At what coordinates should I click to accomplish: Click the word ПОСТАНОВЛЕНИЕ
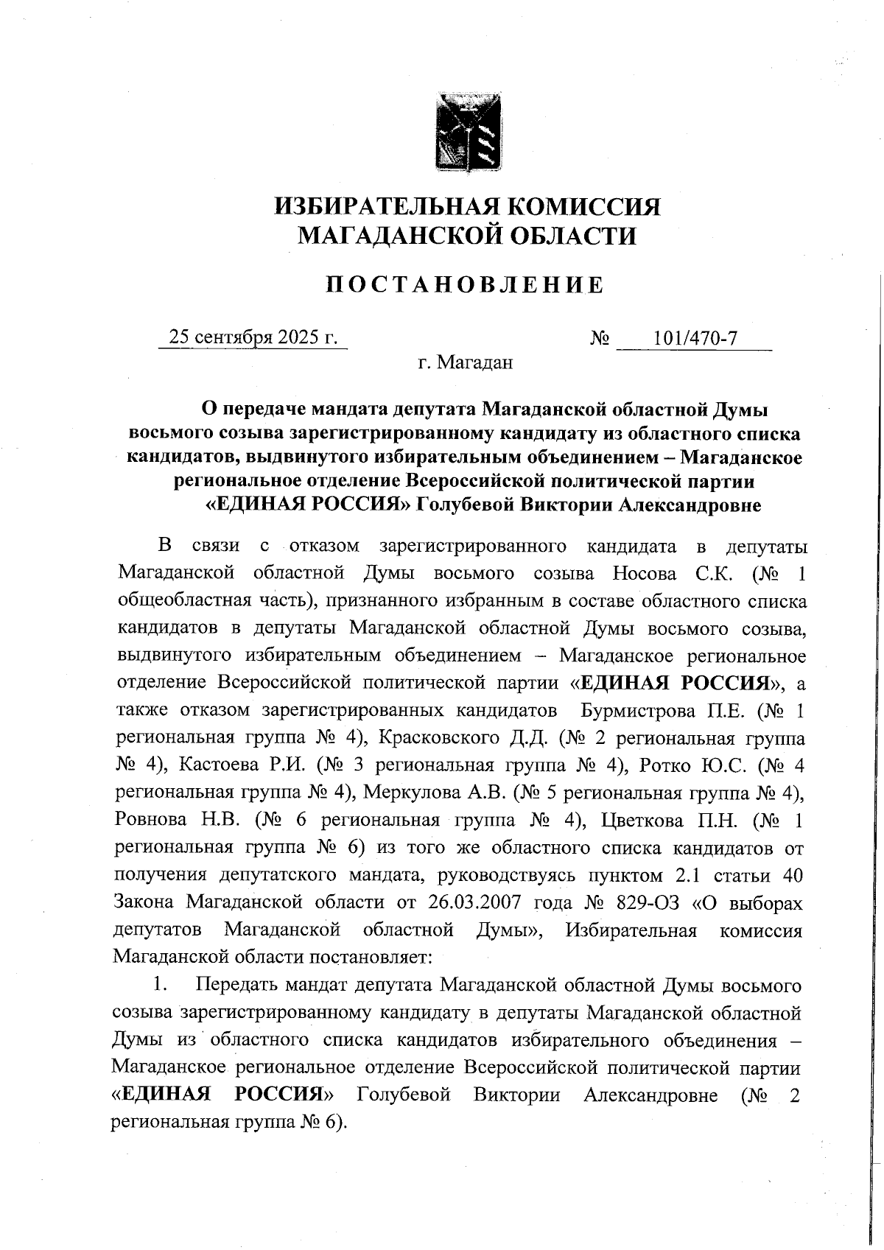tap(466, 285)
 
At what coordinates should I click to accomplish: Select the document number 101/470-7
tap(695, 337)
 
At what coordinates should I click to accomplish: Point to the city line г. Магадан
tap(465, 362)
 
